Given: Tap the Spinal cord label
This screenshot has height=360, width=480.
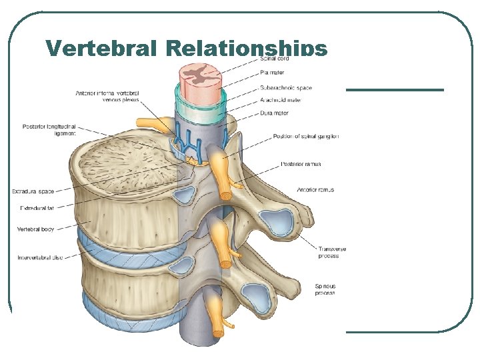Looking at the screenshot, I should tap(273, 59).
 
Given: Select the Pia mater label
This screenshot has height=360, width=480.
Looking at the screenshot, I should tap(271, 72).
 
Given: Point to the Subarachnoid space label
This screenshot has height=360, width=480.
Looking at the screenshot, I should tap(286, 87).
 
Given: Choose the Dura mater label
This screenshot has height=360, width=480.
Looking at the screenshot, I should tap(274, 113).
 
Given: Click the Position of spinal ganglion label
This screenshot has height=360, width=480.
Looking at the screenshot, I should tap(306, 136).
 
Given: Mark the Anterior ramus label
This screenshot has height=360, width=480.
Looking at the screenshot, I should tap(315, 189).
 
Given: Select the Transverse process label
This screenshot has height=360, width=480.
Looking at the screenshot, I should tap(332, 252).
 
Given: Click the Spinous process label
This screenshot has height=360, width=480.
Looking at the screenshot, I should tap(325, 289).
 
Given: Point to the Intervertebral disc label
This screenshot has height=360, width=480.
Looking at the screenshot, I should tap(39, 257).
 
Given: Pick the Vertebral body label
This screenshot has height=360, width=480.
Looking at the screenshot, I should tap(36, 229).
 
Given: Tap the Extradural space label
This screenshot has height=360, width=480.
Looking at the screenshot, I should tap(33, 191).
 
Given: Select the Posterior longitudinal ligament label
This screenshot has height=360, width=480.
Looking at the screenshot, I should tap(49, 129).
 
